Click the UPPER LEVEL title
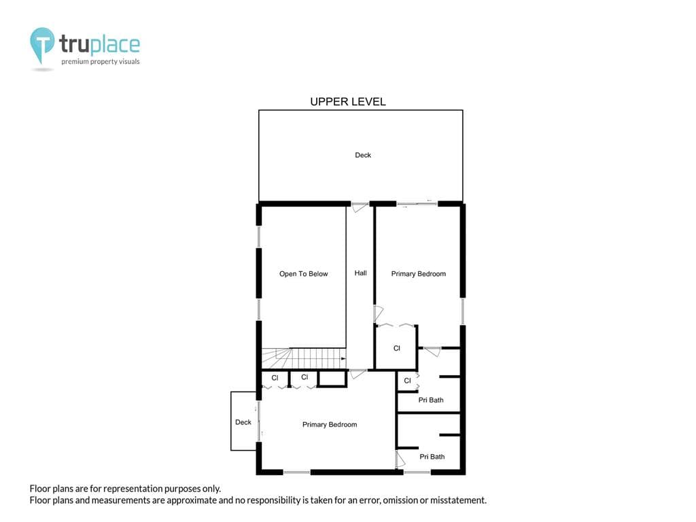(x=347, y=102)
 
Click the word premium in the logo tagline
(x=75, y=62)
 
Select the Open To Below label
(x=303, y=274)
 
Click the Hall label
(x=360, y=273)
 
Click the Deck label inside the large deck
(x=363, y=155)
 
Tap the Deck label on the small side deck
(x=243, y=422)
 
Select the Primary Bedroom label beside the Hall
(x=418, y=274)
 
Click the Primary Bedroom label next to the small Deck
(x=330, y=425)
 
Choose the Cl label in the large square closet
(x=397, y=349)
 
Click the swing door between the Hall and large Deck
(x=360, y=207)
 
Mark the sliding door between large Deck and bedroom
(x=417, y=204)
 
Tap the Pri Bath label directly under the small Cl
(x=430, y=400)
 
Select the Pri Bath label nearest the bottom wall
(x=432, y=457)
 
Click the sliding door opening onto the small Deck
(x=259, y=421)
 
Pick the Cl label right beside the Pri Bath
(x=408, y=381)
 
